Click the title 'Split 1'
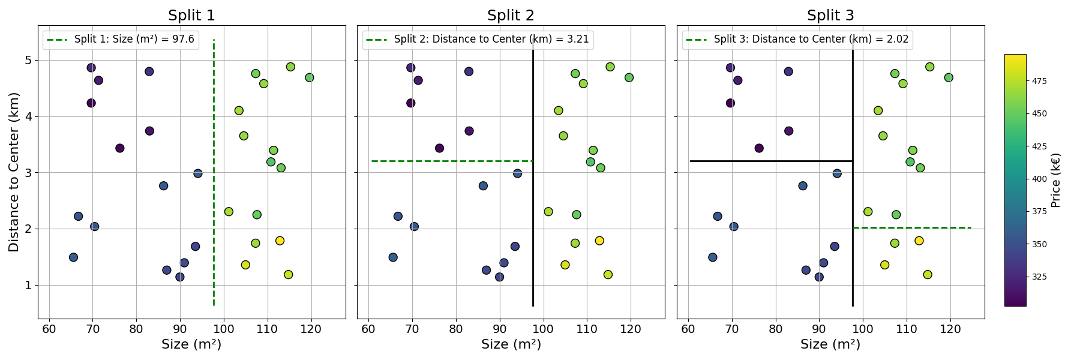(191, 16)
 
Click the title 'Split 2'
(511, 16)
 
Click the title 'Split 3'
(830, 16)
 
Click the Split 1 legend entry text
(134, 40)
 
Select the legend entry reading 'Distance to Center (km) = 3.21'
(491, 40)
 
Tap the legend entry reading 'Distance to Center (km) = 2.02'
(811, 40)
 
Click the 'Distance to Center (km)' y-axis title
(14, 172)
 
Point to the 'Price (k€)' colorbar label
(1056, 180)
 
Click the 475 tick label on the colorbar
(1040, 82)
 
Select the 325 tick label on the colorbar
(1040, 277)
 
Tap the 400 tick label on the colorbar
(1040, 179)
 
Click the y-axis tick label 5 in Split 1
(28, 61)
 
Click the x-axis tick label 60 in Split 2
(368, 329)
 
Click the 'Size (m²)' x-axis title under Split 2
(511, 344)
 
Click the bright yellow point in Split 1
(280, 241)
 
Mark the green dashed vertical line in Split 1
(214, 180)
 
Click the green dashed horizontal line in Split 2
(450, 161)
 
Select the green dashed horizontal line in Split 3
(912, 228)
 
